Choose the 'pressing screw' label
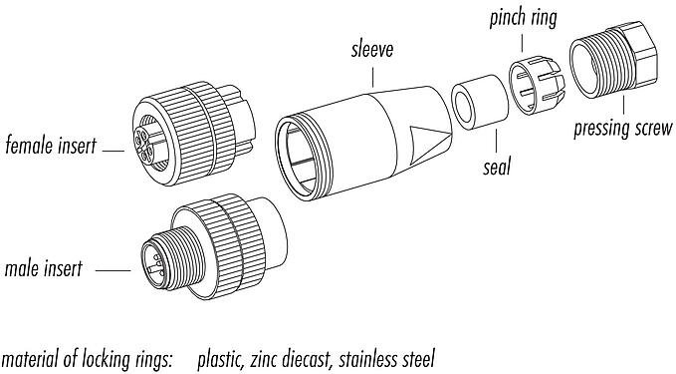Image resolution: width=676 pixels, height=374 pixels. click(624, 130)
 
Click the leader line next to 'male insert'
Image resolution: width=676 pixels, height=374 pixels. click(113, 269)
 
